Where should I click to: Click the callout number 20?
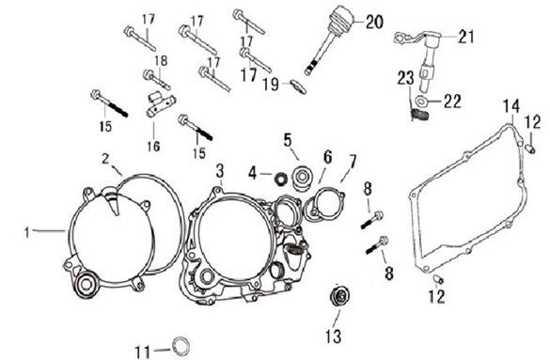374,22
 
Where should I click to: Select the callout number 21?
465,36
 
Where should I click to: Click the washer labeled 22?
420,101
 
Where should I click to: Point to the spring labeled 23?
417,115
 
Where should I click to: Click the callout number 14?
511,106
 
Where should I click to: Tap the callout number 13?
333,337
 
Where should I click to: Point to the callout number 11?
143,352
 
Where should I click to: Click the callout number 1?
27,232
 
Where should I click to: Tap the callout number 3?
220,171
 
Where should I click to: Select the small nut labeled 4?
279,179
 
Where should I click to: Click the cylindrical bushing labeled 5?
302,178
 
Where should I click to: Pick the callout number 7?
353,161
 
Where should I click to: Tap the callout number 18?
161,60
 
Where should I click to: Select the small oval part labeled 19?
298,86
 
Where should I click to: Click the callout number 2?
105,159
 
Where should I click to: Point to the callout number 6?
327,157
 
